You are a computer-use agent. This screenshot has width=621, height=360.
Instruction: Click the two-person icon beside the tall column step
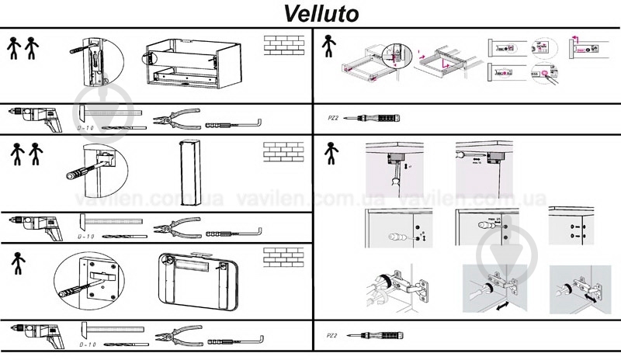[23, 154]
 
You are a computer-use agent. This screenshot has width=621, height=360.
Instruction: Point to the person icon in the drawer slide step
[330, 47]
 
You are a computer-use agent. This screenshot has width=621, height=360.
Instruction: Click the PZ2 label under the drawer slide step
[332, 119]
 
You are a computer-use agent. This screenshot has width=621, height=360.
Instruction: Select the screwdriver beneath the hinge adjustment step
[375, 335]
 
